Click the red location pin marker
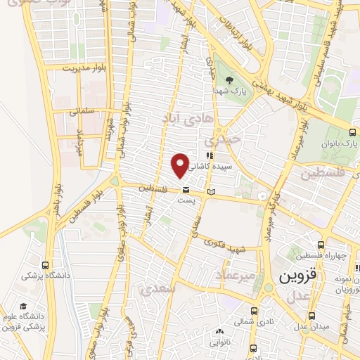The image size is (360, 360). pos(181,165)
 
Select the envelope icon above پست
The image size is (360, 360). pos(186,190)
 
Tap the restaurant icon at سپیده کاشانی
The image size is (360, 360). pos(209,156)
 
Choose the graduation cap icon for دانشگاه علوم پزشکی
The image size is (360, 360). pos(23,306)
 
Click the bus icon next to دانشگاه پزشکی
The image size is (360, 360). pos(46,266)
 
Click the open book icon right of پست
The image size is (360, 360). pos(212,191)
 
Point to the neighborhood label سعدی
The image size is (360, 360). pos(154,289)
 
